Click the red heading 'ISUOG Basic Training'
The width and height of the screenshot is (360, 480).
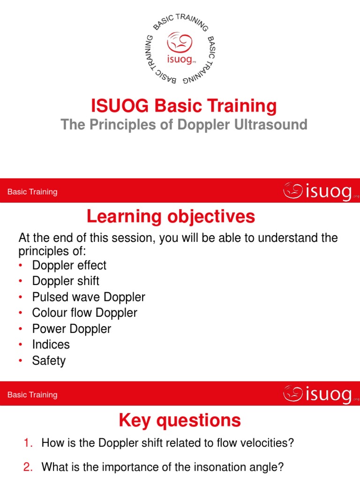[184, 106]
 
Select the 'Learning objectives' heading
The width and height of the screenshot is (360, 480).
[171, 217]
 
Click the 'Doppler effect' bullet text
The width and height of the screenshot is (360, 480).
[69, 265]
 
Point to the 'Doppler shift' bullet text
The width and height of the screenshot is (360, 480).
[66, 281]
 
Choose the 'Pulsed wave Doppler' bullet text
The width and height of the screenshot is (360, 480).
[89, 297]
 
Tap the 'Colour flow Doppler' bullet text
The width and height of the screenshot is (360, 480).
[84, 313]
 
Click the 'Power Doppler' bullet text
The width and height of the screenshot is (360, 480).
[71, 329]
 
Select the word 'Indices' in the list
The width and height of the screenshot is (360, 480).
[51, 345]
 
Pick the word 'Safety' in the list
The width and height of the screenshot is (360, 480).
[49, 360]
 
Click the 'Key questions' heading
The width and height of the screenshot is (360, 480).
[180, 420]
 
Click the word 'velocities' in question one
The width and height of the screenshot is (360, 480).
[271, 443]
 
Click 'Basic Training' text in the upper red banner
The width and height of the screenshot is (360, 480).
[32, 192]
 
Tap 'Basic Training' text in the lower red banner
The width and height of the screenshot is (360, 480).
[32, 395]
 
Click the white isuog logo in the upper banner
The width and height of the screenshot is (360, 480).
[317, 191]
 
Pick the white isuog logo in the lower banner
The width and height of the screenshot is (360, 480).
[317, 394]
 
